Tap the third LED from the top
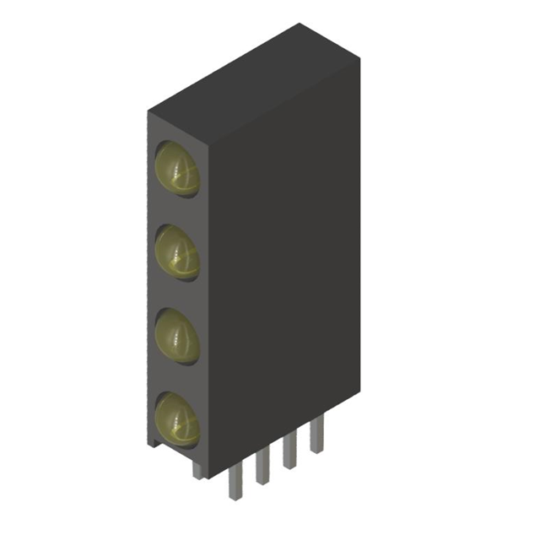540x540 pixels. pyautogui.click(x=178, y=334)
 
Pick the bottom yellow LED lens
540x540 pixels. pyautogui.click(x=178, y=417)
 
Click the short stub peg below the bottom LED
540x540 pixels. pyautogui.click(x=197, y=467)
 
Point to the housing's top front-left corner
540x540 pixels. pyautogui.click(x=148, y=111)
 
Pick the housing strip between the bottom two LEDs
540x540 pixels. pyautogui.click(x=176, y=376)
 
